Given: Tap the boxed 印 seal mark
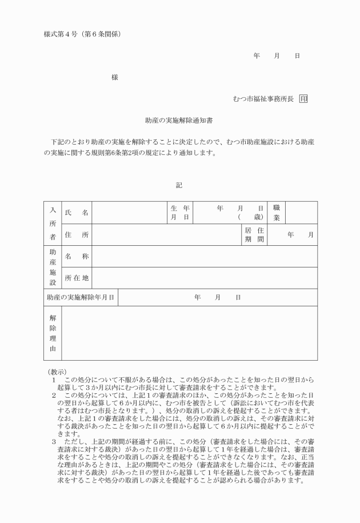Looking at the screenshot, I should coord(303,99).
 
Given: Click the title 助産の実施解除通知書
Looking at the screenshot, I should coord(179,121).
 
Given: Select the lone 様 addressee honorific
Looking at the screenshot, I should coord(115,78).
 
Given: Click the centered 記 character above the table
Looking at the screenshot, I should coord(179,185).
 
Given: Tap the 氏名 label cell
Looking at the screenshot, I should coord(77,213).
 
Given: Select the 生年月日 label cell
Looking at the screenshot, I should coord(179,213).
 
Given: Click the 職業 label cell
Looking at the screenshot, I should coord(276,213).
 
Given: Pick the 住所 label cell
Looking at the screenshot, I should coord(77,235).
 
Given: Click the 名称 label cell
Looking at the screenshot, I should coord(77,257).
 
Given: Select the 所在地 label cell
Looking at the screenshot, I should coord(77,278).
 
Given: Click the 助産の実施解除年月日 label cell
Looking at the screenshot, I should coord(81,297).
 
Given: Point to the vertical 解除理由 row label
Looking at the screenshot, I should coord(53,333).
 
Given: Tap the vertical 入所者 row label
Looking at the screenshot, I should coord(53,223).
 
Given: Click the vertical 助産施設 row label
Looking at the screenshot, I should coord(53,267).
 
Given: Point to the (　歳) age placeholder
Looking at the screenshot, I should coord(250,218).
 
